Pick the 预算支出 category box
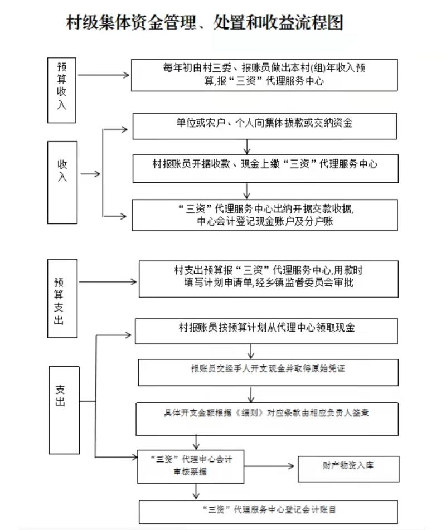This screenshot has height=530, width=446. (x=62, y=298)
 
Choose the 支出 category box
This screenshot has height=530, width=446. (x=64, y=410)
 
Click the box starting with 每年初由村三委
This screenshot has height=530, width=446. (x=265, y=75)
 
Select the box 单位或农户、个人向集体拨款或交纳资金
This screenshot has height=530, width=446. (x=265, y=125)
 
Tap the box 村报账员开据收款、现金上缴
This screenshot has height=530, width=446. (x=265, y=168)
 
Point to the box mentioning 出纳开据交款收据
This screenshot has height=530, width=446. (x=265, y=215)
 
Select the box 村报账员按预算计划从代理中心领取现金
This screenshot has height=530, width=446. (x=266, y=330)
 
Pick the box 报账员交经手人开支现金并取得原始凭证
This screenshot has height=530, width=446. (x=268, y=372)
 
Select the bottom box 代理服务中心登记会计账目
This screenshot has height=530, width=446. (x=269, y=510)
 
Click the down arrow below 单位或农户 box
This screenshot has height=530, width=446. (x=247, y=147)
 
